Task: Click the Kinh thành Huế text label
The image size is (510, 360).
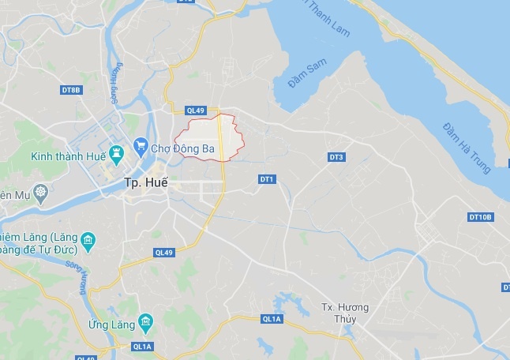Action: point(67,156)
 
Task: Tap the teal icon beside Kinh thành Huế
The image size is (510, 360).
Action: point(116,151)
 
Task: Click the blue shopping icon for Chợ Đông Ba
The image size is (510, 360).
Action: point(141,144)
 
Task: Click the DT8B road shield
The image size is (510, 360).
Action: point(71,90)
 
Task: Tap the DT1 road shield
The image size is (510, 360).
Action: point(266,180)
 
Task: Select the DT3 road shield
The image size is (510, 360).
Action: point(336,158)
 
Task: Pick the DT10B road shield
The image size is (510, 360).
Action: point(479,216)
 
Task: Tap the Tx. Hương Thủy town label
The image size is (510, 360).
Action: point(345,313)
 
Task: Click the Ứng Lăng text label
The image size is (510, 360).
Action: point(107,324)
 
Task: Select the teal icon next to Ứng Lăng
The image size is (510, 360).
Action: point(144,321)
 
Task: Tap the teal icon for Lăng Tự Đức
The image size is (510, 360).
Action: point(88,240)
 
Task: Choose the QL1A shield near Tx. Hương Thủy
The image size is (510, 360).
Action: point(271,319)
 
